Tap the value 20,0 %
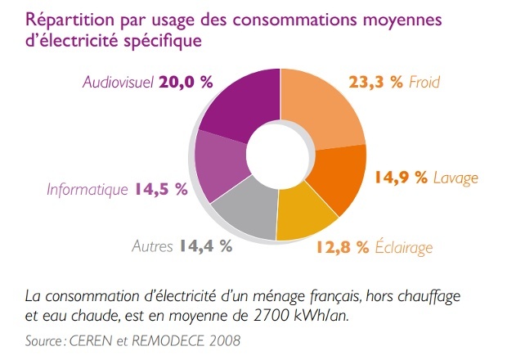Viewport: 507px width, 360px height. [x=187, y=82]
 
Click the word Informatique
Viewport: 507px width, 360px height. [x=87, y=189]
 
